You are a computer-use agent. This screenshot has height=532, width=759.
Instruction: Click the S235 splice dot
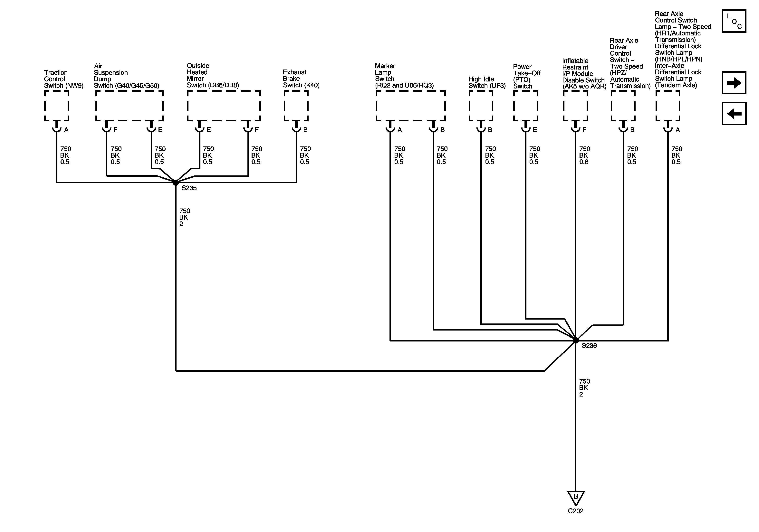click(176, 182)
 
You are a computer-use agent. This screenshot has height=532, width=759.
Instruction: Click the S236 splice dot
click(576, 340)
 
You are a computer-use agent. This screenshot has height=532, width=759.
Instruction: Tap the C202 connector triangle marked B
click(576, 497)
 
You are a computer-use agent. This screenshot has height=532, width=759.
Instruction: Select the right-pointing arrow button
click(734, 83)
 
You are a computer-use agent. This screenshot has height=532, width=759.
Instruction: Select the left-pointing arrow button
click(734, 114)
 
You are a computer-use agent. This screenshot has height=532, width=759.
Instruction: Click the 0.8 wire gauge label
click(584, 162)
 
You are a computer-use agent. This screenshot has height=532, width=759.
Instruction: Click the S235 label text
click(189, 188)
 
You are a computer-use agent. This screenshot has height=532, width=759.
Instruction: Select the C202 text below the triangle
click(576, 511)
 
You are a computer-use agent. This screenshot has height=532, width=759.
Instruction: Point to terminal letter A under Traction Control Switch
click(66, 130)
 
